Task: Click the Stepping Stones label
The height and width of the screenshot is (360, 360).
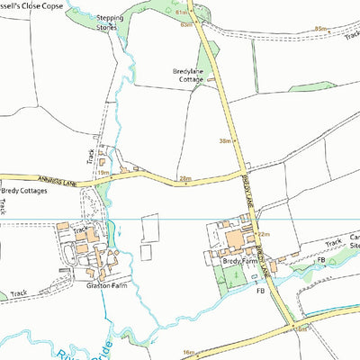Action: pyautogui.click(x=109, y=22)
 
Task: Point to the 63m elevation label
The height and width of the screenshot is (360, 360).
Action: pyautogui.click(x=187, y=24)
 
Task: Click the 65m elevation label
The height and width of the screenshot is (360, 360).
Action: pyautogui.click(x=320, y=29)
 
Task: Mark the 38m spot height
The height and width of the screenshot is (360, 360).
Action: pyautogui.click(x=225, y=140)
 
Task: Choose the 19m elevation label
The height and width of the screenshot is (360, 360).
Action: pyautogui.click(x=103, y=173)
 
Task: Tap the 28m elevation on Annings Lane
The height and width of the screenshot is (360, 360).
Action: pyautogui.click(x=185, y=179)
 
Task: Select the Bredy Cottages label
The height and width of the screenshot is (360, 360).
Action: pyautogui.click(x=24, y=191)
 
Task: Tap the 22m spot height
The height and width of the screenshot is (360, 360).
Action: pyautogui.click(x=264, y=235)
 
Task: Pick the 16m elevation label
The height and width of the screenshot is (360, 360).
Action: pyautogui.click(x=188, y=352)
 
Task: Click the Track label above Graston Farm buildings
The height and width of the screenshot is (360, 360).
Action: pyautogui.click(x=81, y=229)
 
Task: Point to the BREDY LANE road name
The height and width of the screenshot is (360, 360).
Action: pyautogui.click(x=247, y=193)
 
